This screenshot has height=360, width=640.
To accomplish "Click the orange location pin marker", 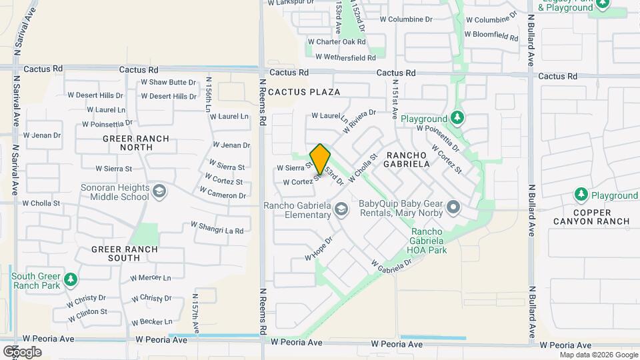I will pyautogui.click(x=320, y=159).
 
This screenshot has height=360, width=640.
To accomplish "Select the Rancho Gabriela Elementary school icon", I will pyautogui.click(x=341, y=210).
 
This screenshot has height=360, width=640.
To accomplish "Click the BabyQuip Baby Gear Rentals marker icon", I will pyautogui.click(x=453, y=208).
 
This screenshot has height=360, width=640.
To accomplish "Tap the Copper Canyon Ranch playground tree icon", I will pyautogui.click(x=581, y=195).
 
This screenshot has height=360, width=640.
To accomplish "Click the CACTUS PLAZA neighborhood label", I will pyautogui.click(x=305, y=92).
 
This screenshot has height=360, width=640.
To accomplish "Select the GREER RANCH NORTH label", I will pyautogui.click(x=135, y=143).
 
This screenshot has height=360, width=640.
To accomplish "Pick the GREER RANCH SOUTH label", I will pyautogui.click(x=125, y=255).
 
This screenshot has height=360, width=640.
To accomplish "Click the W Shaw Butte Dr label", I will pyautogui.click(x=168, y=83).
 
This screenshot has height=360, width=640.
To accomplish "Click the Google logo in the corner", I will pyautogui.click(x=22, y=351).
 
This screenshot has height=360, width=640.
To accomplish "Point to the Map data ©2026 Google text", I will pyautogui.click(x=598, y=355).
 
